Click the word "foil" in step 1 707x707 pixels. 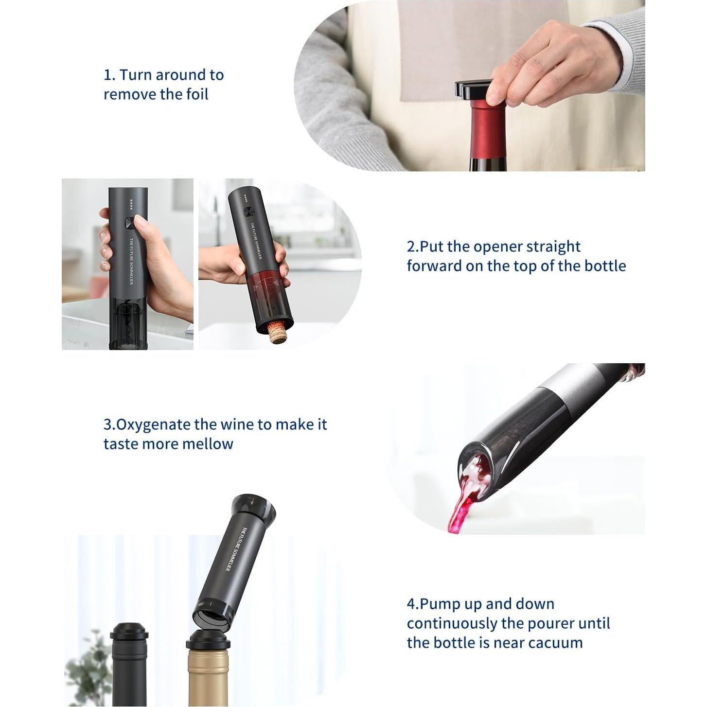197,94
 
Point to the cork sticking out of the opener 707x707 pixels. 278,333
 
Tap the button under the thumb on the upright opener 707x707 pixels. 130,223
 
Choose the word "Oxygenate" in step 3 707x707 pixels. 153,424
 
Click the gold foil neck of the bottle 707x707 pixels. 208,676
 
